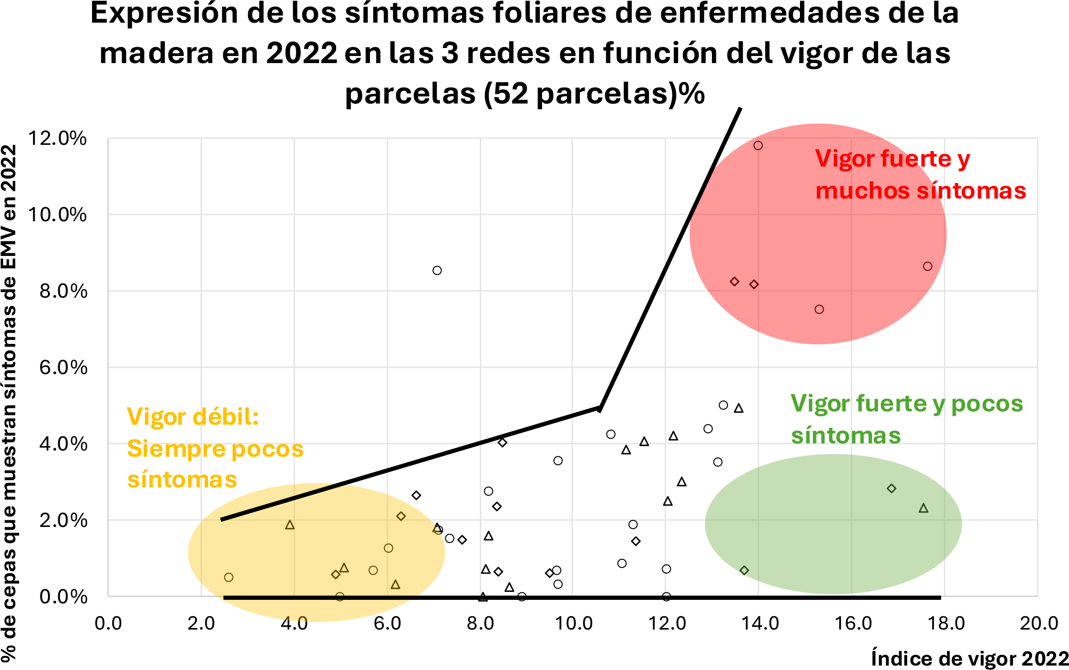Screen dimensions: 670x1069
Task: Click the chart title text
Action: [525, 53]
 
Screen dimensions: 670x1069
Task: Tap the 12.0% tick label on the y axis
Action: [57, 138]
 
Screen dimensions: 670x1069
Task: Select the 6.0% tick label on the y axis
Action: [63, 367]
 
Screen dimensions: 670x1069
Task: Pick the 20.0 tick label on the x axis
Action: [1038, 623]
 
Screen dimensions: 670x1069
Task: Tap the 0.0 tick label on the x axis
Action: [108, 623]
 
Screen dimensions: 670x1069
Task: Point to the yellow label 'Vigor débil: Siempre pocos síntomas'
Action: [215, 448]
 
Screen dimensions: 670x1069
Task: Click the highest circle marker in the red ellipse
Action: [758, 146]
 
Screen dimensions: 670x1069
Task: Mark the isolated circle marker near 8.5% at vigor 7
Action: [437, 271]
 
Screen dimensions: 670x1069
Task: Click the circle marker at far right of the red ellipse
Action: [928, 267]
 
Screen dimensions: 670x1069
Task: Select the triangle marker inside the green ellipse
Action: [924, 508]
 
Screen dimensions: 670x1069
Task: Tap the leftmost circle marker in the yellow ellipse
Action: [229, 578]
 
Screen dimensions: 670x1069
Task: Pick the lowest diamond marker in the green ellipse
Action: [744, 570]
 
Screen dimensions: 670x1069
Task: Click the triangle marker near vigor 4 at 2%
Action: [290, 525]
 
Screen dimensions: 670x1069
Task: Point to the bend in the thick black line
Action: [600, 408]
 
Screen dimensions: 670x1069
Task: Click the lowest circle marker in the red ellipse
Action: [820, 309]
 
